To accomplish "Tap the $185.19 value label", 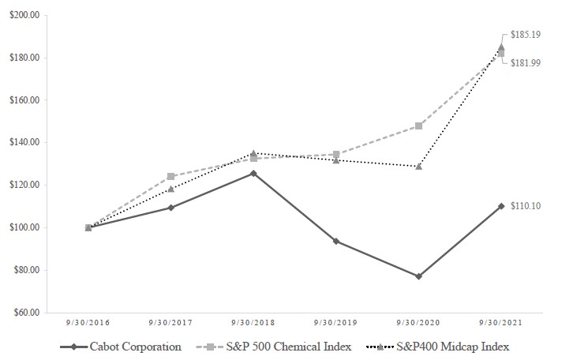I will [526, 36].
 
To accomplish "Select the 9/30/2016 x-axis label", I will [88, 322].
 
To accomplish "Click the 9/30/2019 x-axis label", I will [335, 322].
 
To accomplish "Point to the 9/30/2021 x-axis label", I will [500, 322].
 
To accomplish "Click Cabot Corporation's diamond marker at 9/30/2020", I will [418, 276].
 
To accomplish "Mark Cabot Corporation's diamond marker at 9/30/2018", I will [253, 173].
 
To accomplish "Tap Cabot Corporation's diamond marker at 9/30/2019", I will [336, 241].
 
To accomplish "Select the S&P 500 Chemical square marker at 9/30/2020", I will [418, 126].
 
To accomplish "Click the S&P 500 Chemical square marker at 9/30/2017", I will [171, 177].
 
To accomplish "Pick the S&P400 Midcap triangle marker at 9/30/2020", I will [418, 167].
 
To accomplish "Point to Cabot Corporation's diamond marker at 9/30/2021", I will [501, 206].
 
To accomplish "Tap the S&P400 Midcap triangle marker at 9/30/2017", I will [171, 189].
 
